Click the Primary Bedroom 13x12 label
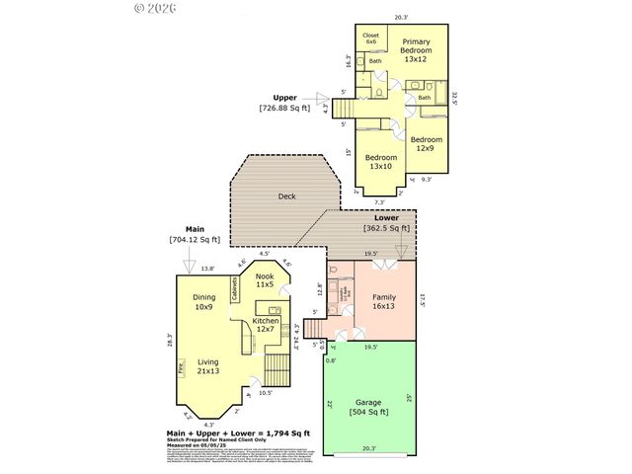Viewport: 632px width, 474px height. [x=416, y=50]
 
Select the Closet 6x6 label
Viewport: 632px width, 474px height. [x=370, y=39]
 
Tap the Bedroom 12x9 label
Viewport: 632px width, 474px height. [x=427, y=144]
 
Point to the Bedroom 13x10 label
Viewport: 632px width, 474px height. [x=381, y=162]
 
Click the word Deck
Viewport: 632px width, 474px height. [x=286, y=197]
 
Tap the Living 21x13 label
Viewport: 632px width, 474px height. [x=207, y=366]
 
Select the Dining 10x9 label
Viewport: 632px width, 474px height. [x=204, y=301]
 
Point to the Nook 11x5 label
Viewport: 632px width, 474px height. [x=265, y=280]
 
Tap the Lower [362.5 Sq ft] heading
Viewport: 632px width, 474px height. [x=386, y=223]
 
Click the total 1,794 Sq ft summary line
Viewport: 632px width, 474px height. [x=238, y=434]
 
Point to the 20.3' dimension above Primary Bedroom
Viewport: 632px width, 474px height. [x=400, y=17]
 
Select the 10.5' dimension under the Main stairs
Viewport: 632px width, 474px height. [x=266, y=393]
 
